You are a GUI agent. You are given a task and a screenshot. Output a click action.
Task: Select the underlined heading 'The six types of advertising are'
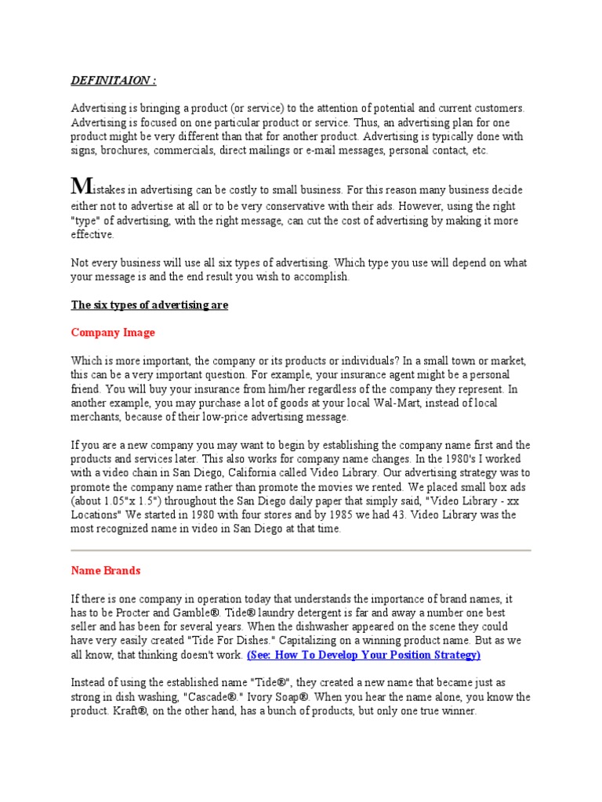tap(150, 305)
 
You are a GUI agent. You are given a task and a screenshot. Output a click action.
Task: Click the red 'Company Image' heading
tap(113, 332)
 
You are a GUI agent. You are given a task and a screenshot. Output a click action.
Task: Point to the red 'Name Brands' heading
tap(106, 571)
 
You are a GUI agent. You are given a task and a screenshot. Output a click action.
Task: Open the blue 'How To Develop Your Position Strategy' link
tap(364, 654)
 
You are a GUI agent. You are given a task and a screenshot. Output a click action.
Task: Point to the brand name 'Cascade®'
tap(281, 697)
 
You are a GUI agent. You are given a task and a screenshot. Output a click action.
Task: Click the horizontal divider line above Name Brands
tap(301, 551)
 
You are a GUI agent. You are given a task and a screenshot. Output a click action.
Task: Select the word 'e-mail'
tap(331, 150)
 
